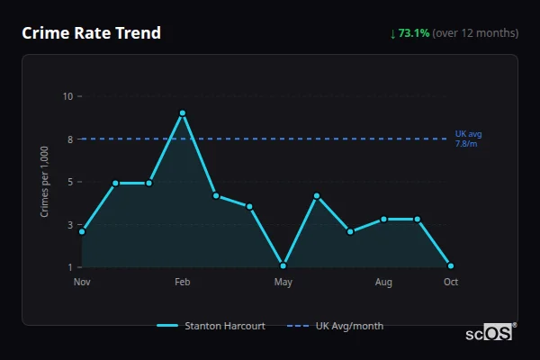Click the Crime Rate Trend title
91,33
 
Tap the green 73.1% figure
414,33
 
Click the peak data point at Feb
183,113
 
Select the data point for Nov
82,231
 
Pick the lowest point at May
283,265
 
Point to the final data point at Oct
450,265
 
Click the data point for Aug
383,219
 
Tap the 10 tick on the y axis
67,95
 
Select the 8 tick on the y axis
67,139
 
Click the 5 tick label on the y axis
67,182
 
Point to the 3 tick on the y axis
67,225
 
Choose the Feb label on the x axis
183,283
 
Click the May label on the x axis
283,283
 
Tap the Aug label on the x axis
383,283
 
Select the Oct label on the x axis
450,283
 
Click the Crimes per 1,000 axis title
45,182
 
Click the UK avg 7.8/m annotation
468,139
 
